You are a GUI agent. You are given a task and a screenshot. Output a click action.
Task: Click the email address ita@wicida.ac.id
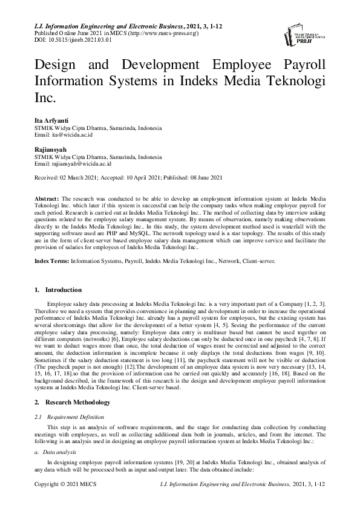click(76, 136)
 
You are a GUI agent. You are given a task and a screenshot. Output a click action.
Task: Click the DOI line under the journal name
click(70, 40)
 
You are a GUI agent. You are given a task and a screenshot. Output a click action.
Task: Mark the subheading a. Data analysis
click(55, 434)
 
